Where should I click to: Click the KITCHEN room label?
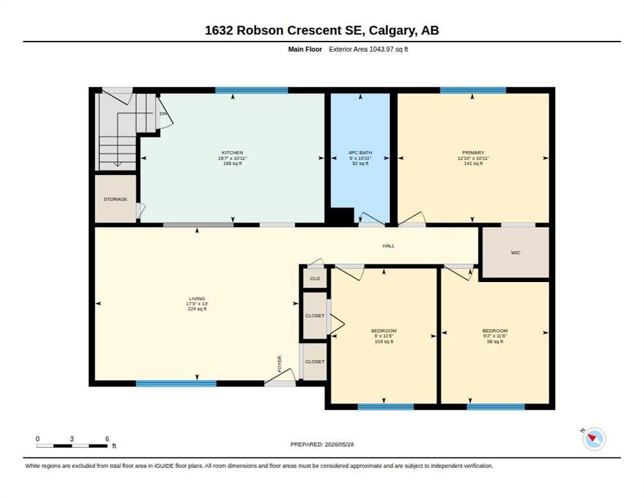click(x=233, y=152)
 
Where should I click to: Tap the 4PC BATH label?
click(x=360, y=152)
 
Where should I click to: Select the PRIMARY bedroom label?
click(x=473, y=152)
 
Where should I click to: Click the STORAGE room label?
click(x=115, y=199)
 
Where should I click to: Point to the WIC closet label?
click(x=516, y=252)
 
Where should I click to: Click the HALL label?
click(x=389, y=246)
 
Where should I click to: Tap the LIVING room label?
click(x=197, y=298)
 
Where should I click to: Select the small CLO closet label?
click(x=315, y=278)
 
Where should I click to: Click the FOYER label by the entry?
click(x=280, y=364)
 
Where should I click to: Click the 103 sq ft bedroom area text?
click(x=384, y=341)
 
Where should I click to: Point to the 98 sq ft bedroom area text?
click(x=495, y=341)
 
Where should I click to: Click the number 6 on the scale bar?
click(x=107, y=439)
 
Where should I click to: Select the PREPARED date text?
click(x=322, y=445)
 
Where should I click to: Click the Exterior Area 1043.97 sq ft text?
click(x=369, y=49)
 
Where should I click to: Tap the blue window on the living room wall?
click(x=176, y=384)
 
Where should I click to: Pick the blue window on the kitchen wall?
click(x=251, y=91)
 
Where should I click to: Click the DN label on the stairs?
click(x=163, y=113)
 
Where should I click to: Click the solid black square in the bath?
click(x=343, y=217)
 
